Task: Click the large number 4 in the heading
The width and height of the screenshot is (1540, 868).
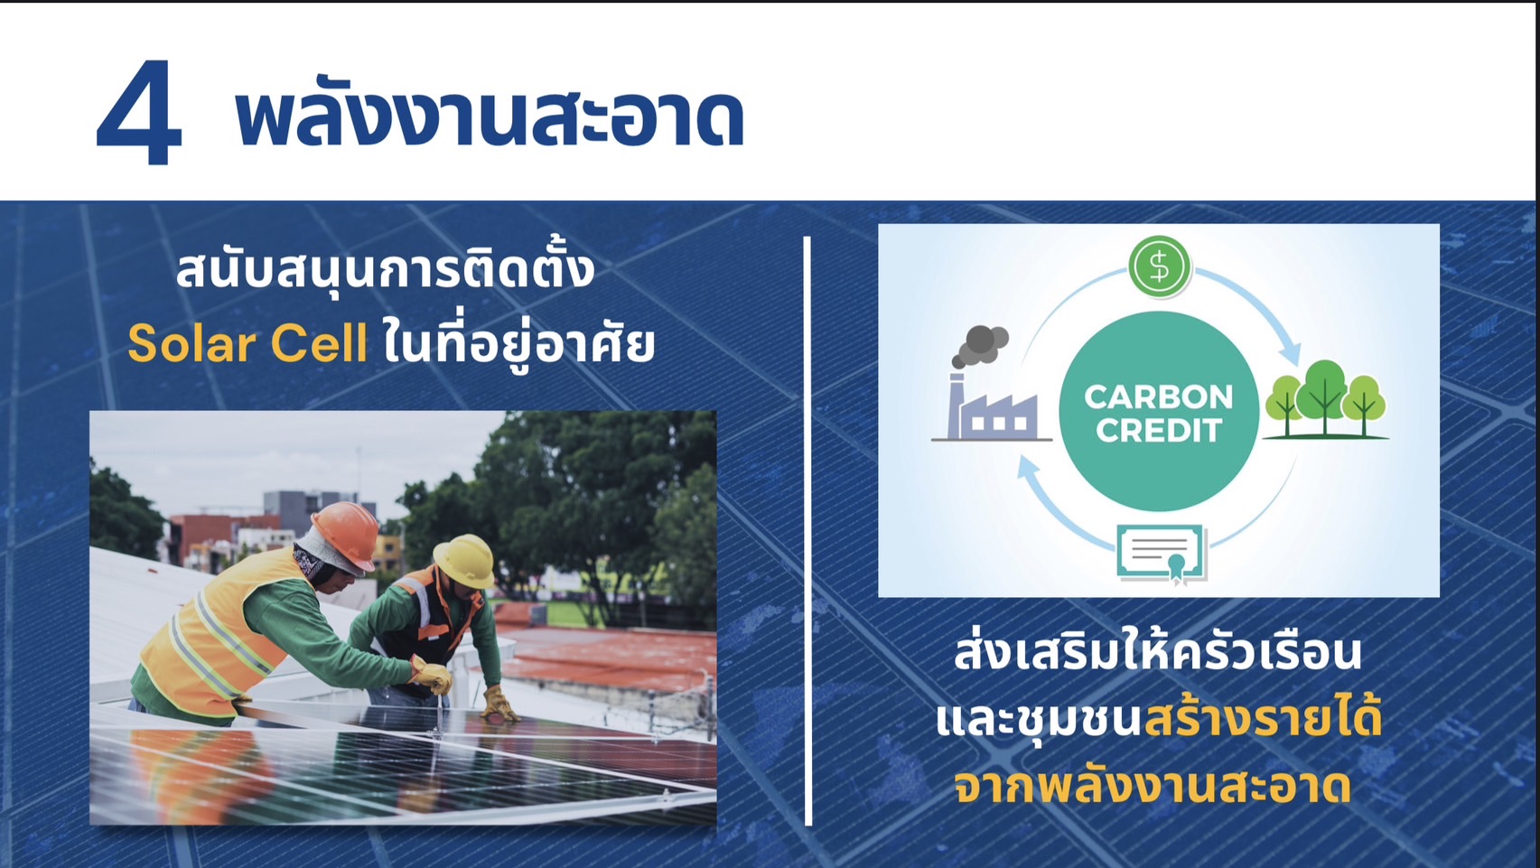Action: pyautogui.click(x=140, y=113)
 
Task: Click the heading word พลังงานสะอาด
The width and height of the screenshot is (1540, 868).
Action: pyautogui.click(x=490, y=117)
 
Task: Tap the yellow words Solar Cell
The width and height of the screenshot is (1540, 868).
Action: pyautogui.click(x=247, y=343)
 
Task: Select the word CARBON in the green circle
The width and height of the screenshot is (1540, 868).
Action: pyautogui.click(x=1159, y=397)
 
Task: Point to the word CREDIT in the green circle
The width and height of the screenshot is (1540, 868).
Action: pyautogui.click(x=1159, y=430)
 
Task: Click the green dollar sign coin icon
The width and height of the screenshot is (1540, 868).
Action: pyautogui.click(x=1159, y=266)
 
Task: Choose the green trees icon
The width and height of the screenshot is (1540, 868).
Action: pyautogui.click(x=1326, y=400)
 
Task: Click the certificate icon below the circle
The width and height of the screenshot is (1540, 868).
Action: pyautogui.click(x=1162, y=555)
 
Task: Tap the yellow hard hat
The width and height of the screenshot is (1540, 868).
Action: pyautogui.click(x=465, y=560)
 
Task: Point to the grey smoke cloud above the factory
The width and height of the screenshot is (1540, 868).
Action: pyautogui.click(x=980, y=346)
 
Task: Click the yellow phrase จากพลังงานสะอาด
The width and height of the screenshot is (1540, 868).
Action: pyautogui.click(x=1153, y=788)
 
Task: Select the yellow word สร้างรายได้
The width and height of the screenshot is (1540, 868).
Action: pyautogui.click(x=1262, y=719)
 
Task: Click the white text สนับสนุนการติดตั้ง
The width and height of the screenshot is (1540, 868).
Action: pyautogui.click(x=385, y=269)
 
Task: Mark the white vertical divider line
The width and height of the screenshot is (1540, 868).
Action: pyautogui.click(x=807, y=530)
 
